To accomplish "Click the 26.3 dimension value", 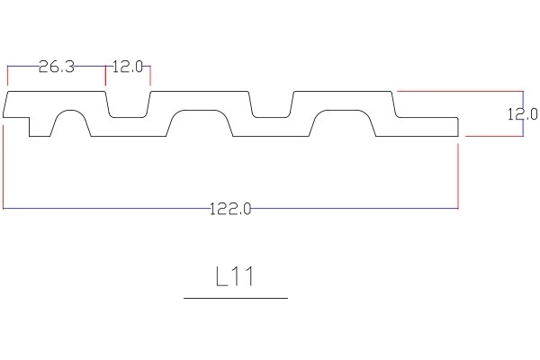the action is (57, 67).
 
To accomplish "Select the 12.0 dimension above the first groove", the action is (128, 67).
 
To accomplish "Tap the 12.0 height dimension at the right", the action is (522, 114).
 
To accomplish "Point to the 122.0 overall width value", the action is (230, 209).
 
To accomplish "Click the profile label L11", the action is (235, 276).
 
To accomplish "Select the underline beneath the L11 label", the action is (236, 298).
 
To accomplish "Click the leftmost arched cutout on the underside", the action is (71, 123).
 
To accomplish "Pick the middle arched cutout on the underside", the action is (200, 123).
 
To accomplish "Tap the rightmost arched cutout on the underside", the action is (342, 123).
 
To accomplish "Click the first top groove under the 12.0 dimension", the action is (128, 104).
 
